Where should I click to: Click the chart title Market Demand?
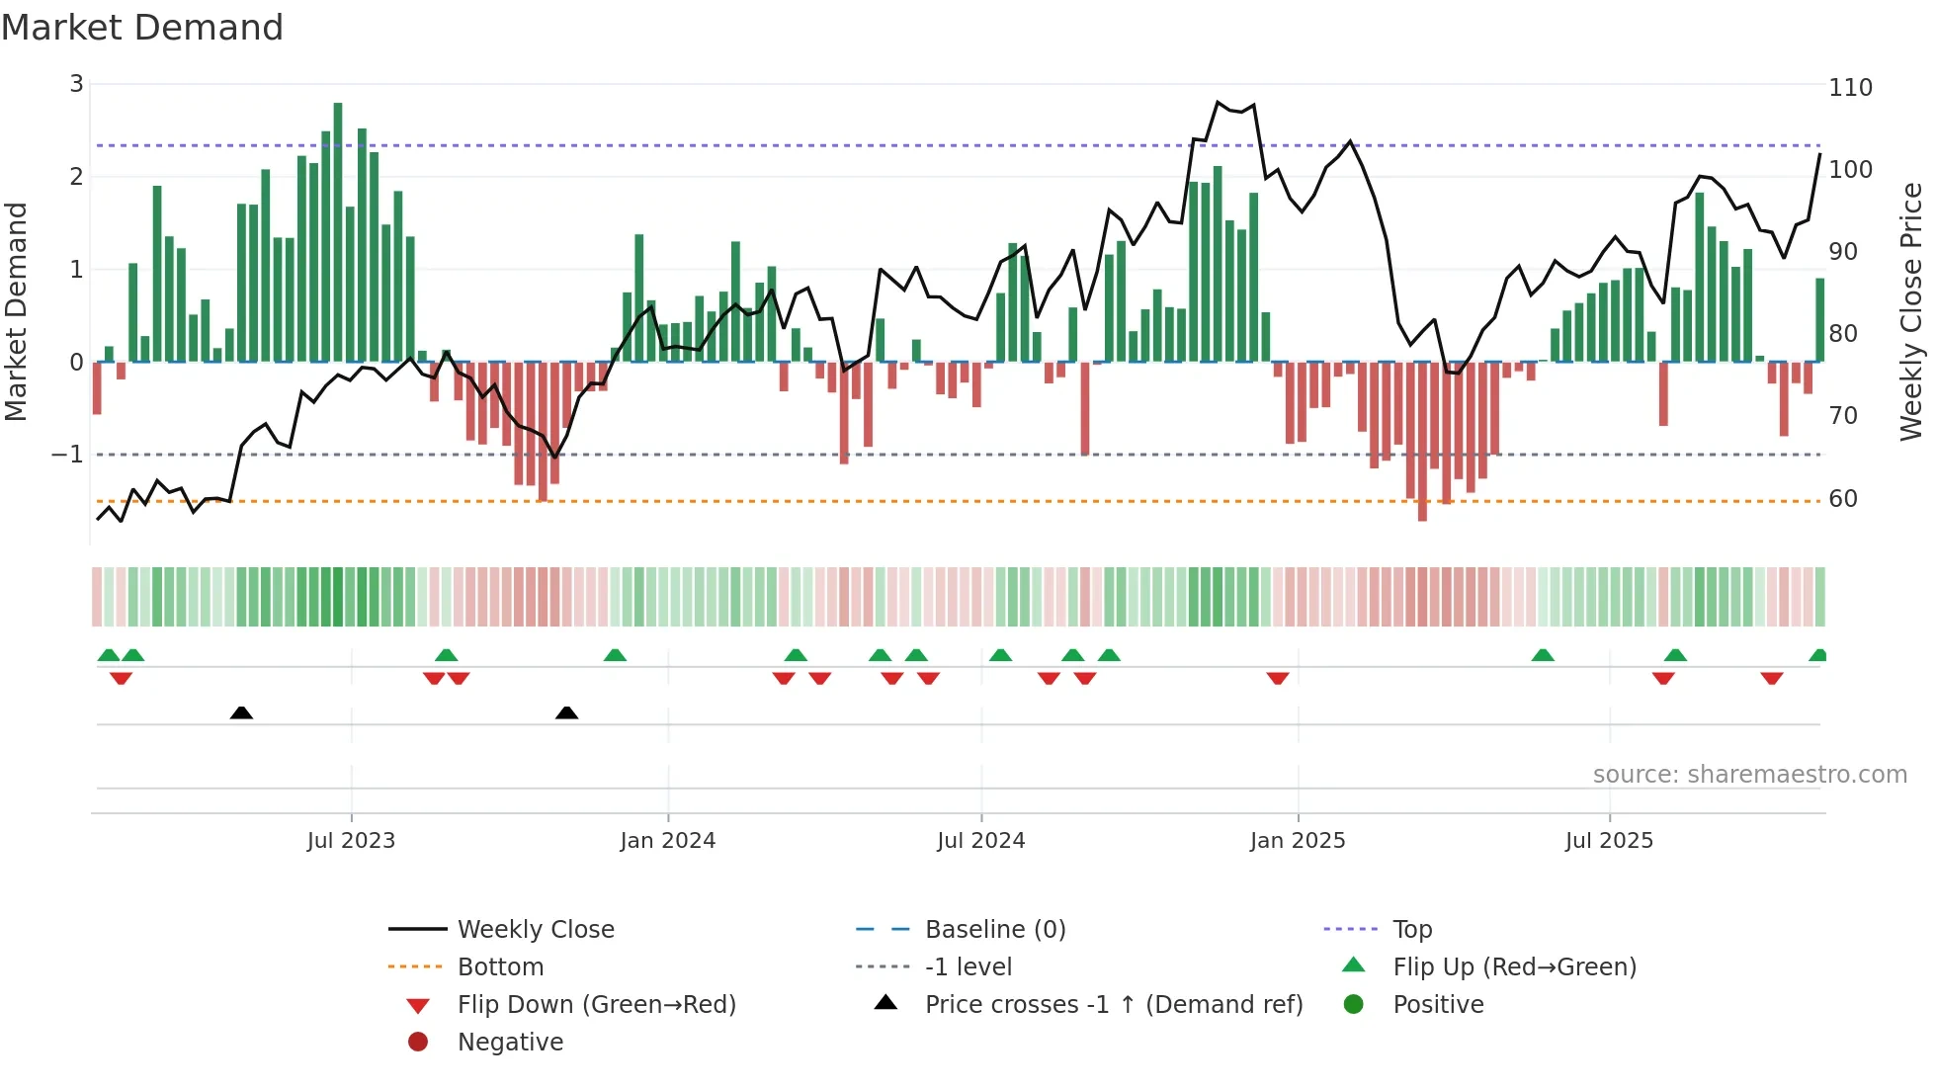[x=142, y=28]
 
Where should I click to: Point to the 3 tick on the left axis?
[x=76, y=84]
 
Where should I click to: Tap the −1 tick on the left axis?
[x=68, y=455]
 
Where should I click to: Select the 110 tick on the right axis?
[x=1850, y=88]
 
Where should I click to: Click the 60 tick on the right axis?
[x=1843, y=499]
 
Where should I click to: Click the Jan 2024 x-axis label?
[x=667, y=841]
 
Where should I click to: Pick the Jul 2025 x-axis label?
[x=1609, y=841]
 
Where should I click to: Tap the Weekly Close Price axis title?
[x=1911, y=311]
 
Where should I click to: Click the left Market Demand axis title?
[x=17, y=311]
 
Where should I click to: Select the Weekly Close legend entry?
[x=535, y=930]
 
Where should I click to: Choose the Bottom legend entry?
[x=500, y=967]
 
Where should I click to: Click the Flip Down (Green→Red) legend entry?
[x=596, y=1005]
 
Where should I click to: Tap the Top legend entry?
[x=1412, y=930]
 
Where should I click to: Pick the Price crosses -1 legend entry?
[x=1113, y=1005]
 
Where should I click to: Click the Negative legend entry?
[x=510, y=1043]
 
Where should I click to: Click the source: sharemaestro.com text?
[x=1749, y=775]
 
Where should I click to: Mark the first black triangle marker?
[x=241, y=712]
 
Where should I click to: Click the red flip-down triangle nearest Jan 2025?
[x=1278, y=678]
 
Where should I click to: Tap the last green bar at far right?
[x=1819, y=319]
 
